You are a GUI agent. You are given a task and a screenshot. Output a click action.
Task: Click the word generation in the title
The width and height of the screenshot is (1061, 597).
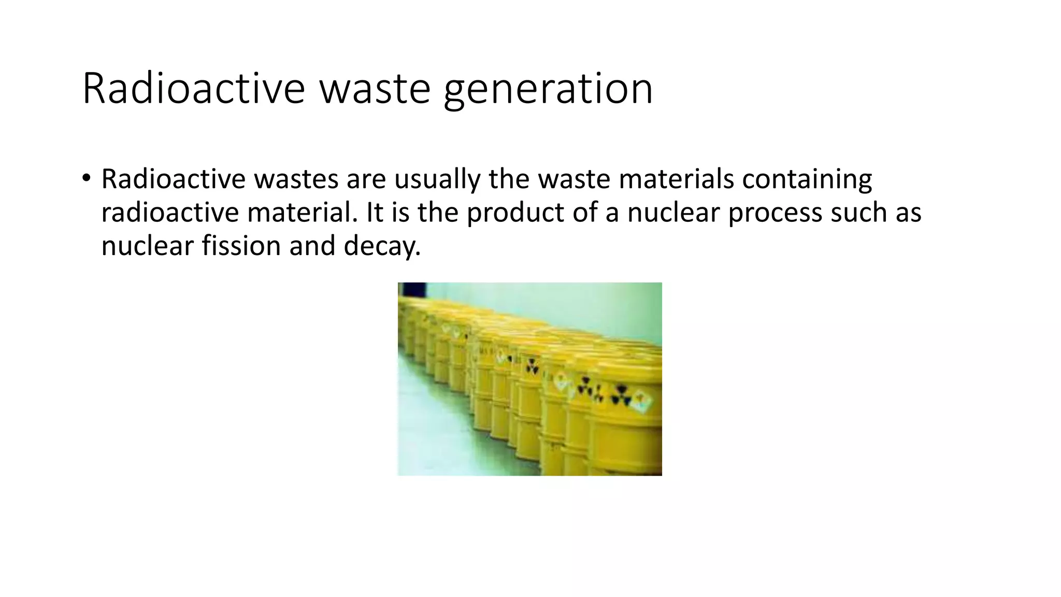pyautogui.click(x=548, y=90)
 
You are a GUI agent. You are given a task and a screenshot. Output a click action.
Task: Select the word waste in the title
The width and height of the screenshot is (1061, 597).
pyautogui.click(x=375, y=89)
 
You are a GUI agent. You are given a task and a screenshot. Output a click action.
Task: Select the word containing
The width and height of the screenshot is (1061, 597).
pyautogui.click(x=807, y=179)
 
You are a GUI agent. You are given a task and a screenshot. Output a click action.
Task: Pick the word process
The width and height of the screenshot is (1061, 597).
pyautogui.click(x=775, y=212)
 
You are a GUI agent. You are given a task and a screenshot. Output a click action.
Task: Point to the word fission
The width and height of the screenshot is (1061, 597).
pyautogui.click(x=241, y=246)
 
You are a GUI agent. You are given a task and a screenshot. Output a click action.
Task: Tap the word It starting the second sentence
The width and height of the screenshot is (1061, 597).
pyautogui.click(x=375, y=212)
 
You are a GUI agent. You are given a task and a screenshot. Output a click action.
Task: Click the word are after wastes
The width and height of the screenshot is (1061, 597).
pyautogui.click(x=366, y=179)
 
